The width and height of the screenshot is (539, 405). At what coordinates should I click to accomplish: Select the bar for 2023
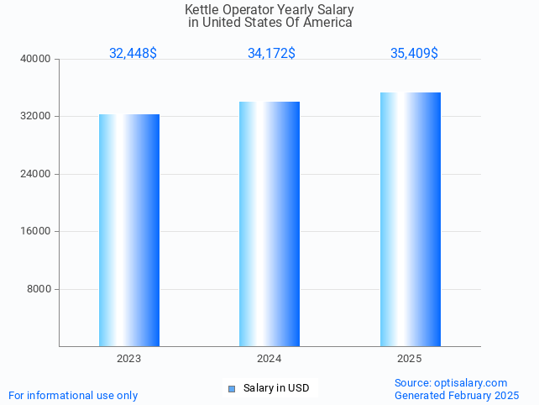pyautogui.click(x=129, y=230)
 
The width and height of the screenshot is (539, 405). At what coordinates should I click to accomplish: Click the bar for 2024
pyautogui.click(x=269, y=224)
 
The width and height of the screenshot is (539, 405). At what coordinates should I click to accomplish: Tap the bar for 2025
pyautogui.click(x=410, y=219)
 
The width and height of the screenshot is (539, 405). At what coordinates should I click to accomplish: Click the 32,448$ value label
pyautogui.click(x=133, y=54)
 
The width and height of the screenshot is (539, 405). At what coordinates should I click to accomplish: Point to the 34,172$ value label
pyautogui.click(x=271, y=54)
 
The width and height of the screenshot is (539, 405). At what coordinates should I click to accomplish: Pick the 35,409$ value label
pyautogui.click(x=414, y=54)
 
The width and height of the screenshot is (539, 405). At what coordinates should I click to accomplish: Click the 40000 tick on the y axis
pyautogui.click(x=37, y=59)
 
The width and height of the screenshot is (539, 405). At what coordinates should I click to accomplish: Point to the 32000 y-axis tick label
pyautogui.click(x=37, y=116)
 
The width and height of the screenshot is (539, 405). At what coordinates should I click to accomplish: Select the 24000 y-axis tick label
pyautogui.click(x=37, y=174)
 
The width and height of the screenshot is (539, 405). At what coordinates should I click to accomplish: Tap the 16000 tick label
pyautogui.click(x=37, y=231)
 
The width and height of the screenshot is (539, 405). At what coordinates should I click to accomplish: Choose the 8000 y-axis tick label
pyautogui.click(x=39, y=289)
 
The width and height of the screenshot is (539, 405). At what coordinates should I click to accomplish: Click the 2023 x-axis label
pyautogui.click(x=128, y=359)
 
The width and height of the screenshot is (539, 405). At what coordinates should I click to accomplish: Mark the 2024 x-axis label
pyautogui.click(x=269, y=359)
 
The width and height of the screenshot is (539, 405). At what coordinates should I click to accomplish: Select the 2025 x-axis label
pyautogui.click(x=410, y=359)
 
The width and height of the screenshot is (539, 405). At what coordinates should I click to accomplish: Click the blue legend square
pyautogui.click(x=232, y=388)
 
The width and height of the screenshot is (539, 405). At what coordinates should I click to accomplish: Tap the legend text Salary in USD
pyautogui.click(x=276, y=388)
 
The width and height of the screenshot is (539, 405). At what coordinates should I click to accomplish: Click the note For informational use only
pyautogui.click(x=73, y=395)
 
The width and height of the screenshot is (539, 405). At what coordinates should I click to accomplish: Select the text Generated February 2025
pyautogui.click(x=457, y=395)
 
